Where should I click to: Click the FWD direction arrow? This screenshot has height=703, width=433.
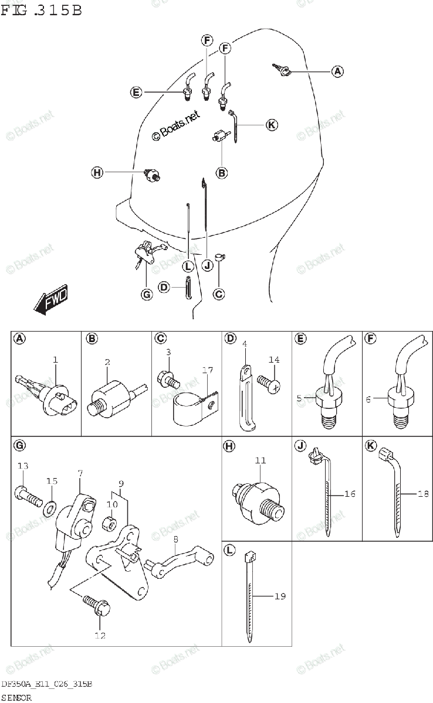(x=51, y=301)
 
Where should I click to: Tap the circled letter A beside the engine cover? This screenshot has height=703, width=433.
(x=337, y=71)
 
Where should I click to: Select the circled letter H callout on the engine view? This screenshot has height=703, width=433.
(x=97, y=172)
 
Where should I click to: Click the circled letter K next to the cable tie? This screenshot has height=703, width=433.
(x=271, y=124)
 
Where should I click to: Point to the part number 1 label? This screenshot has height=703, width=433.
(x=55, y=359)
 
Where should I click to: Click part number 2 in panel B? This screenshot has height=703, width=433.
(x=107, y=362)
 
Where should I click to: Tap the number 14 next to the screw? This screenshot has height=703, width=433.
(x=274, y=360)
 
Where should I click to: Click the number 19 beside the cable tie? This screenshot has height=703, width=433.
(x=280, y=596)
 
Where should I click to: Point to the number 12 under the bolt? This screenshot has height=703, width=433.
(x=100, y=635)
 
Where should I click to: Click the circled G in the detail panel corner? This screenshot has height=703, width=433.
(x=19, y=446)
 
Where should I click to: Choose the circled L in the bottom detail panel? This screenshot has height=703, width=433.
(x=229, y=550)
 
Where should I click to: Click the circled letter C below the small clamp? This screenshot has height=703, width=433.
(x=218, y=294)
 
